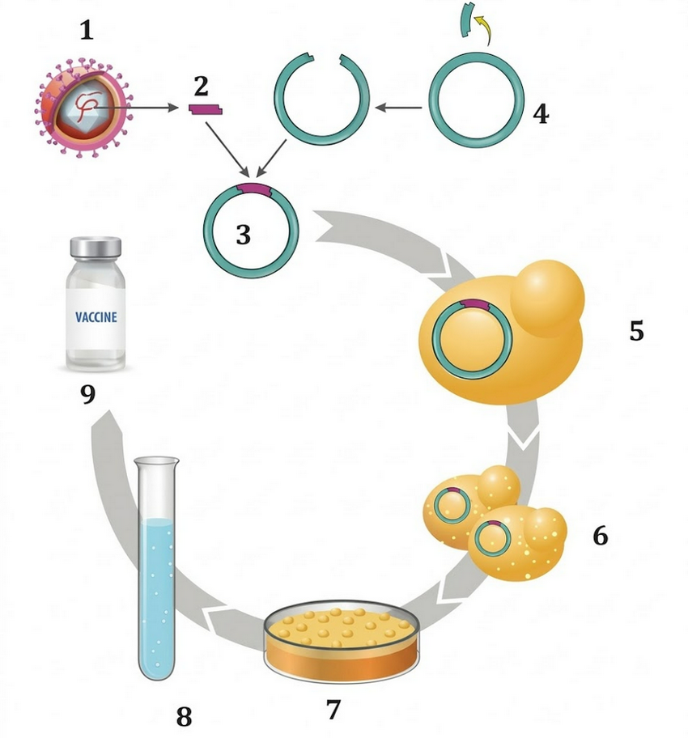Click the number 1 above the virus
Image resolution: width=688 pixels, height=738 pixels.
click(x=87, y=32)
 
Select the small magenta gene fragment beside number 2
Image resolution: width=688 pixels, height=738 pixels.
click(x=206, y=108)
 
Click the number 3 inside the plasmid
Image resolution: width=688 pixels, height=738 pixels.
click(x=244, y=235)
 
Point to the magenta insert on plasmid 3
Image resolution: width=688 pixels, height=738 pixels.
click(x=253, y=189)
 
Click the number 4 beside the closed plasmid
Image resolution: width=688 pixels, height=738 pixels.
click(x=541, y=112)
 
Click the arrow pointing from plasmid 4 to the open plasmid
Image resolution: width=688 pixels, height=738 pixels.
click(x=398, y=106)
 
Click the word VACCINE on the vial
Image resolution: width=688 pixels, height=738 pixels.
click(x=96, y=317)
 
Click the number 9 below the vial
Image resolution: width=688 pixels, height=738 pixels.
click(x=87, y=394)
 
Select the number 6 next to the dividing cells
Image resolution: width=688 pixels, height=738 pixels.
click(x=600, y=535)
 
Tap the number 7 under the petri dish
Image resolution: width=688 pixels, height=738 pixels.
click(x=333, y=709)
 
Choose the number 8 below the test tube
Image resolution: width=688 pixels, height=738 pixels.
click(x=185, y=715)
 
